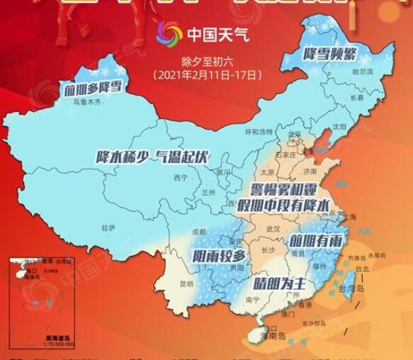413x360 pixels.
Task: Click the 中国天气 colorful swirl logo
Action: [171, 33]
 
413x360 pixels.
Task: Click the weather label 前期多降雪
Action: [93, 89]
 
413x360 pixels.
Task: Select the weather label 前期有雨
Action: [316, 241]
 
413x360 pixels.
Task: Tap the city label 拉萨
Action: [108, 228]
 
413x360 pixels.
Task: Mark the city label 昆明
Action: [186, 283]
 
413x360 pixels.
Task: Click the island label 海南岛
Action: [267, 338]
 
